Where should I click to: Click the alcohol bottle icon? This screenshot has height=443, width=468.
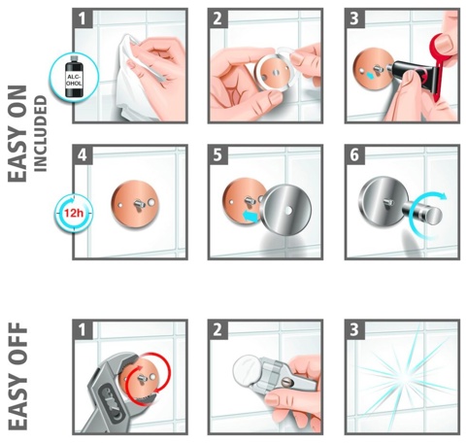tap(74, 77)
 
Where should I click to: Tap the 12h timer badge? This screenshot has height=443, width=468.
tap(74, 213)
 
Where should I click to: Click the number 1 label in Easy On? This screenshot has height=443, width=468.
tap(83, 18)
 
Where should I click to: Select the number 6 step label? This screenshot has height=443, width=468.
tap(354, 154)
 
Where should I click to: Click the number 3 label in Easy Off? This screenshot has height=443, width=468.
tap(354, 329)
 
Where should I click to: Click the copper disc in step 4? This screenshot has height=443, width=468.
tap(136, 204)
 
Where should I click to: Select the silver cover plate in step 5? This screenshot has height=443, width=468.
tap(288, 209)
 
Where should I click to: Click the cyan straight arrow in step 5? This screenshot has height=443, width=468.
tap(251, 216)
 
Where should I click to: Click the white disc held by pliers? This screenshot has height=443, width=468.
tap(247, 371)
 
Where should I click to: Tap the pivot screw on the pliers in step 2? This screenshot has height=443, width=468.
tap(287, 383)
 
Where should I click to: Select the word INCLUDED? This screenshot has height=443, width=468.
tap(41, 133)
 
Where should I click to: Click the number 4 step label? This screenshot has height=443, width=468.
tap(83, 154)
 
